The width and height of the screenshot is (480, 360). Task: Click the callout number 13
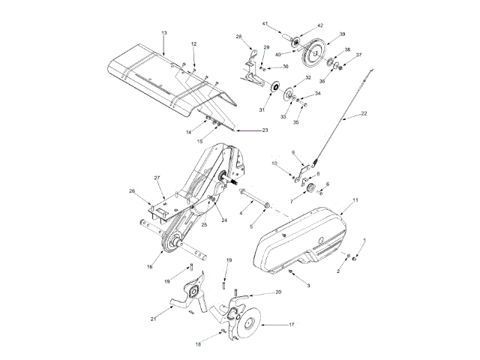(x=164, y=33)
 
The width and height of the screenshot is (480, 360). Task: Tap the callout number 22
(x=364, y=114)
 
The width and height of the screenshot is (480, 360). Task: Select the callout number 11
(x=355, y=200)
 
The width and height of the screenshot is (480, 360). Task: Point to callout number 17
(x=291, y=325)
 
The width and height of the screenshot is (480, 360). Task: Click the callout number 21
(x=153, y=319)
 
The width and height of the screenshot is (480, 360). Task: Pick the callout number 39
(x=342, y=34)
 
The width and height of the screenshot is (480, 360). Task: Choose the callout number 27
(x=158, y=178)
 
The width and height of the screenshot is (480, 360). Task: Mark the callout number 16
(x=151, y=265)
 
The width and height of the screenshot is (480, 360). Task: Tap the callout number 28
(x=239, y=37)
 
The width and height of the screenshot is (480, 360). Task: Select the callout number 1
(x=365, y=239)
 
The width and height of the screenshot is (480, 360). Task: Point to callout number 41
(x=264, y=24)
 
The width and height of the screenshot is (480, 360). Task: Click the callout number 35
(x=295, y=122)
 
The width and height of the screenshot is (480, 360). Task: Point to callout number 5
(x=251, y=225)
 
